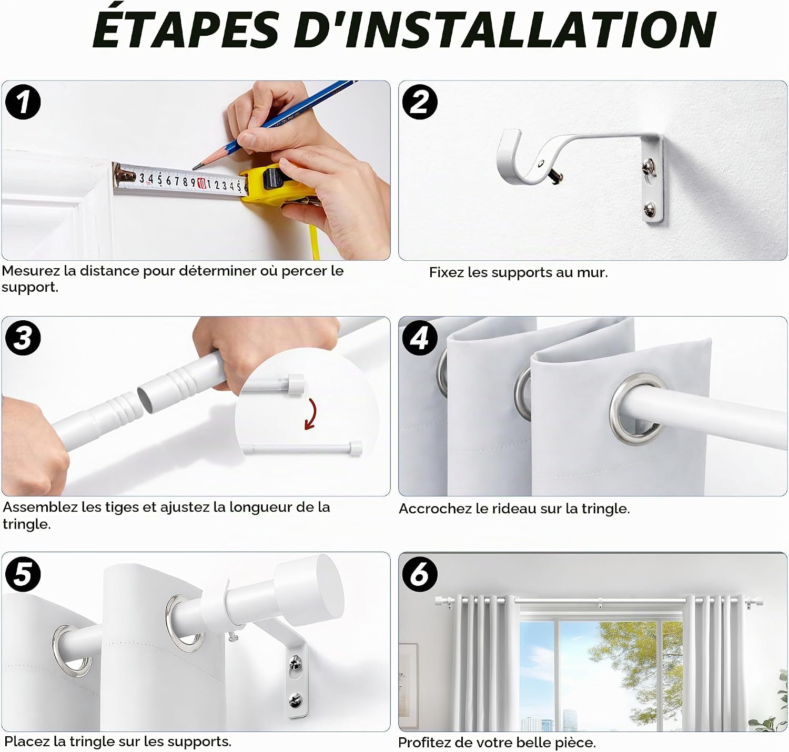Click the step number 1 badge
(x=23, y=102)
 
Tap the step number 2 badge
(x=420, y=102)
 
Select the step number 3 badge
(x=23, y=338)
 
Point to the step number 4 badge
(x=420, y=338)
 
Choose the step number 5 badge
(x=23, y=574)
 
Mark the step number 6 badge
(x=420, y=574)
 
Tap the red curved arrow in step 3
(x=311, y=414)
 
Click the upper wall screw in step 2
(x=648, y=164)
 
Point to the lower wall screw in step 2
(x=649, y=209)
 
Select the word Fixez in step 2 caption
(x=446, y=272)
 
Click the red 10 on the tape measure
(x=201, y=183)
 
